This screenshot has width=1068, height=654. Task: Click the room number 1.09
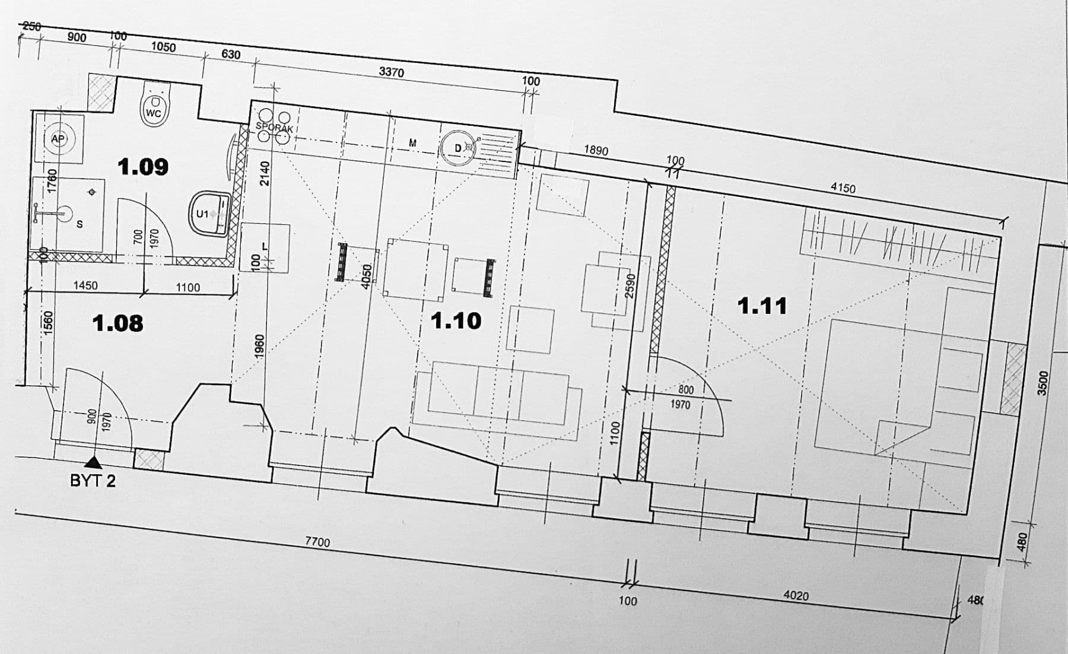click(143, 167)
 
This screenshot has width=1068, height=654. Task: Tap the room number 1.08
click(117, 323)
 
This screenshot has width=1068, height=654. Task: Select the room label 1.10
click(456, 321)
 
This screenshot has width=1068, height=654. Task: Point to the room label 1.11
click(762, 306)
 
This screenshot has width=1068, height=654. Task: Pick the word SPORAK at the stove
click(275, 128)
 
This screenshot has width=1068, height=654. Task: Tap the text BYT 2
click(93, 481)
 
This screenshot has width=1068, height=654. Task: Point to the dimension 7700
click(317, 541)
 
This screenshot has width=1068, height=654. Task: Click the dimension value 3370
click(391, 72)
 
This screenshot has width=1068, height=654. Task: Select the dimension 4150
click(843, 188)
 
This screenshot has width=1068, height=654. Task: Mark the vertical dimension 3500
click(1042, 383)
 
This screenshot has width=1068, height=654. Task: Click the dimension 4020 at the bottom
click(796, 595)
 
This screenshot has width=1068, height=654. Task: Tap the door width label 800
click(685, 390)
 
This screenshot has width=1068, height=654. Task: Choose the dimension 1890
click(596, 150)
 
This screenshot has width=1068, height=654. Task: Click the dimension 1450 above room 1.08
click(85, 285)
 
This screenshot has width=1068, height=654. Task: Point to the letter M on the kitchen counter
click(412, 143)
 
